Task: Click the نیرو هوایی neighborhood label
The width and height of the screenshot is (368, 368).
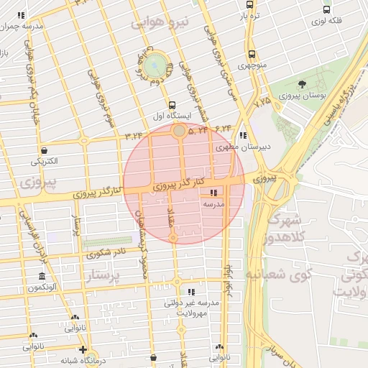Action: tap(161, 24)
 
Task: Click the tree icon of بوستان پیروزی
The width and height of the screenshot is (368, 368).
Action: tap(301, 84)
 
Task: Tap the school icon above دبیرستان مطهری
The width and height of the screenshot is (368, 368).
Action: tap(244, 135)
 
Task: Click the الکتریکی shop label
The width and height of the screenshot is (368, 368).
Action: tap(45, 162)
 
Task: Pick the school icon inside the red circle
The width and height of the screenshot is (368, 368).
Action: tap(213, 193)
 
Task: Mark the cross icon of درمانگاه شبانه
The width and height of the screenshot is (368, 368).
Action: tap(84, 350)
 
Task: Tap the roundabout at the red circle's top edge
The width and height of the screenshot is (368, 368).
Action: tap(178, 131)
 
